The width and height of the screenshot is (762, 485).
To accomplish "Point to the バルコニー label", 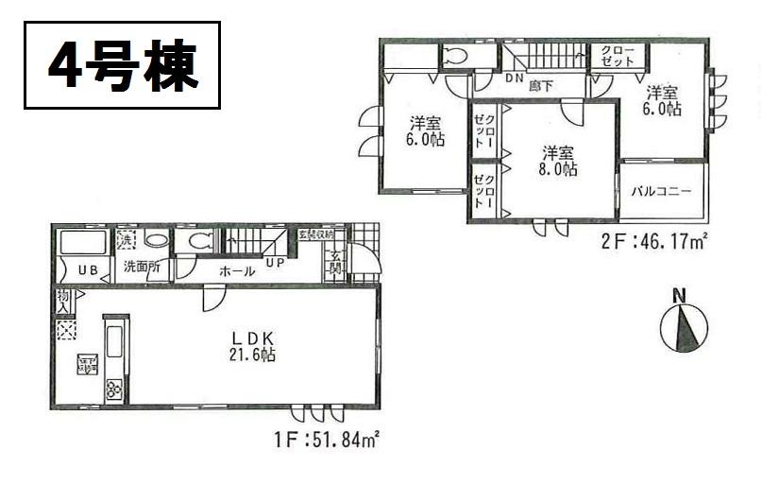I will (662, 191).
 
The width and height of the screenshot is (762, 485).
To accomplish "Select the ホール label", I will (235, 271).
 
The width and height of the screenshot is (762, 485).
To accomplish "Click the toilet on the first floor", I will (198, 241).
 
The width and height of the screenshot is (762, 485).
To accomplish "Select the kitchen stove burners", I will (115, 389).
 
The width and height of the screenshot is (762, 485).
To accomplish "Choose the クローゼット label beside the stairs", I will (604, 55).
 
